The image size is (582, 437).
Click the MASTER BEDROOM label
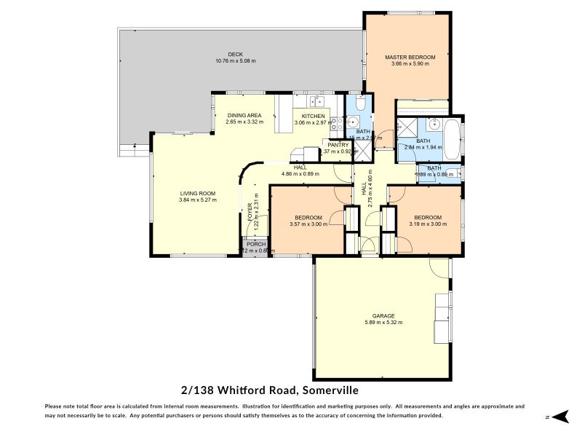[x=410, y=57]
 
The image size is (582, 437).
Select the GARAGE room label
[x=384, y=315]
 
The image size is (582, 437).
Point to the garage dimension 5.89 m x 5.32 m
[x=384, y=322]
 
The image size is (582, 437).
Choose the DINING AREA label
[x=244, y=115]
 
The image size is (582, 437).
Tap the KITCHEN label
[x=314, y=116]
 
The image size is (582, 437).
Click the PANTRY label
[x=338, y=144]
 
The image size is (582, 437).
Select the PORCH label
[x=255, y=244]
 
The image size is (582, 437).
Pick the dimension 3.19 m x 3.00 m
[x=428, y=224]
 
